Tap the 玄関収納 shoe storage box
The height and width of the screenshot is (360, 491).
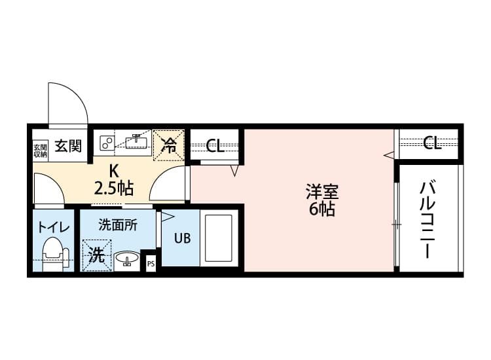tap(40, 150)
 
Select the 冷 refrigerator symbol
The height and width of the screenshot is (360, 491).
tap(169, 145)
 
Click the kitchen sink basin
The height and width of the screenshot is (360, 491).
tap(138, 141)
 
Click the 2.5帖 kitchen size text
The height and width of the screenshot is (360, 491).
tap(114, 189)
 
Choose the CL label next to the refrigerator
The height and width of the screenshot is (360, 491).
tap(215, 145)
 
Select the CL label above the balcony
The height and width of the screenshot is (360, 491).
tap(431, 143)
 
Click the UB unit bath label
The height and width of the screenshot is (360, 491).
tap(182, 238)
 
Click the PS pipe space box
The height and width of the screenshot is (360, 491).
tap(151, 264)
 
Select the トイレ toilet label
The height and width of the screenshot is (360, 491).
tap(54, 228)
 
